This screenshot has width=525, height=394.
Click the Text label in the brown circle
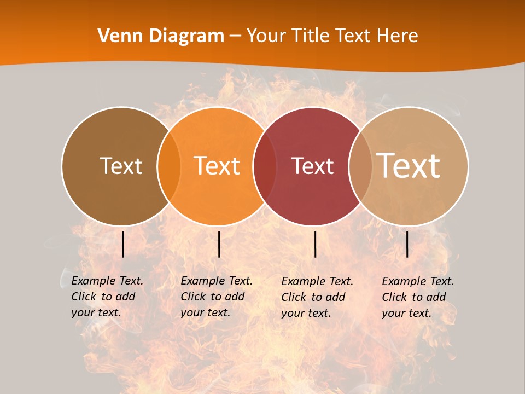click(x=121, y=166)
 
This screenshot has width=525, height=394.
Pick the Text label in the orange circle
click(x=217, y=166)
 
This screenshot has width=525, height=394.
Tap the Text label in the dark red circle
click(x=313, y=166)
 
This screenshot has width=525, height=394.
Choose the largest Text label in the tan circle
click(x=409, y=165)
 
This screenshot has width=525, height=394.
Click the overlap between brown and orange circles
click(x=169, y=166)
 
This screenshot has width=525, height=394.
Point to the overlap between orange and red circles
click(x=265, y=166)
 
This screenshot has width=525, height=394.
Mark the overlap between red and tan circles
click(x=359, y=166)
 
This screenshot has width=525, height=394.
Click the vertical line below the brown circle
click(x=123, y=244)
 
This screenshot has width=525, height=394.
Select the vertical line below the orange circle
click(x=219, y=244)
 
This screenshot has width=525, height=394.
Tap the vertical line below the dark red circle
click(x=315, y=244)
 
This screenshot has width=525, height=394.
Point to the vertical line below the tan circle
click(x=407, y=244)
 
